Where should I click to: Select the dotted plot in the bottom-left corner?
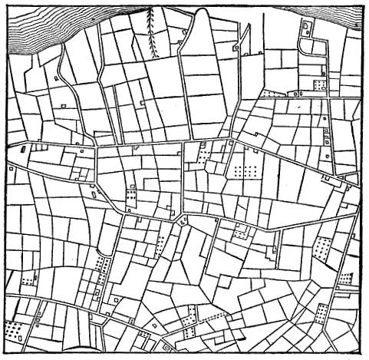13,329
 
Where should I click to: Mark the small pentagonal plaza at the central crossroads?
182,221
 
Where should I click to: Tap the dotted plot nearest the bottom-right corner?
321,314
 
